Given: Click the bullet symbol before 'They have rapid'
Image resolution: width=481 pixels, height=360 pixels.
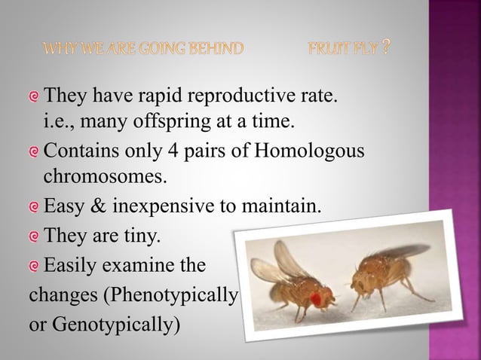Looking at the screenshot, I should (x=34, y=97).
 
